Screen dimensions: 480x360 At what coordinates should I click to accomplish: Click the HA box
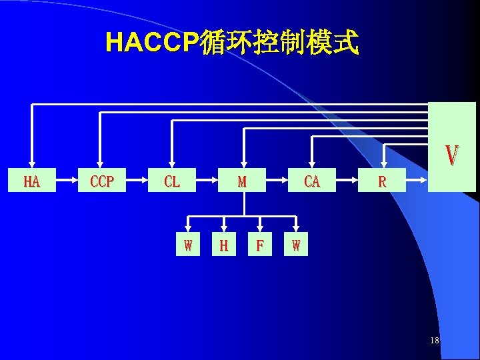[31, 181]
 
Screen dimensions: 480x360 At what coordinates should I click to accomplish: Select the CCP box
[101, 181]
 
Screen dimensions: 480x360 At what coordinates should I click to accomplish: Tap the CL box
[172, 181]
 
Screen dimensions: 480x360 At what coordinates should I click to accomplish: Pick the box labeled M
[242, 181]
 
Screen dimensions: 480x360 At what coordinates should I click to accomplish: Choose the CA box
[312, 181]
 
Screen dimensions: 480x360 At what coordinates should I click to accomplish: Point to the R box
[382, 181]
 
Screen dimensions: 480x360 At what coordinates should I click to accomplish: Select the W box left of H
[188, 245]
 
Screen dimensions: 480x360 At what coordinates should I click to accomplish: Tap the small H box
[224, 245]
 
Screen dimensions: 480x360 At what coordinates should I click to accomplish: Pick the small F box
[259, 245]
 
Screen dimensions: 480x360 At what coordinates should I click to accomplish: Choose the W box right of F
[295, 245]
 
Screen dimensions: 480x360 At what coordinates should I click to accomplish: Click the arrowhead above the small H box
[224, 231]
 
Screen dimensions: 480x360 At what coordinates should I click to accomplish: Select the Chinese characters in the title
[279, 43]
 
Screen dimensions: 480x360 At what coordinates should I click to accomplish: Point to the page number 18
[435, 341]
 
